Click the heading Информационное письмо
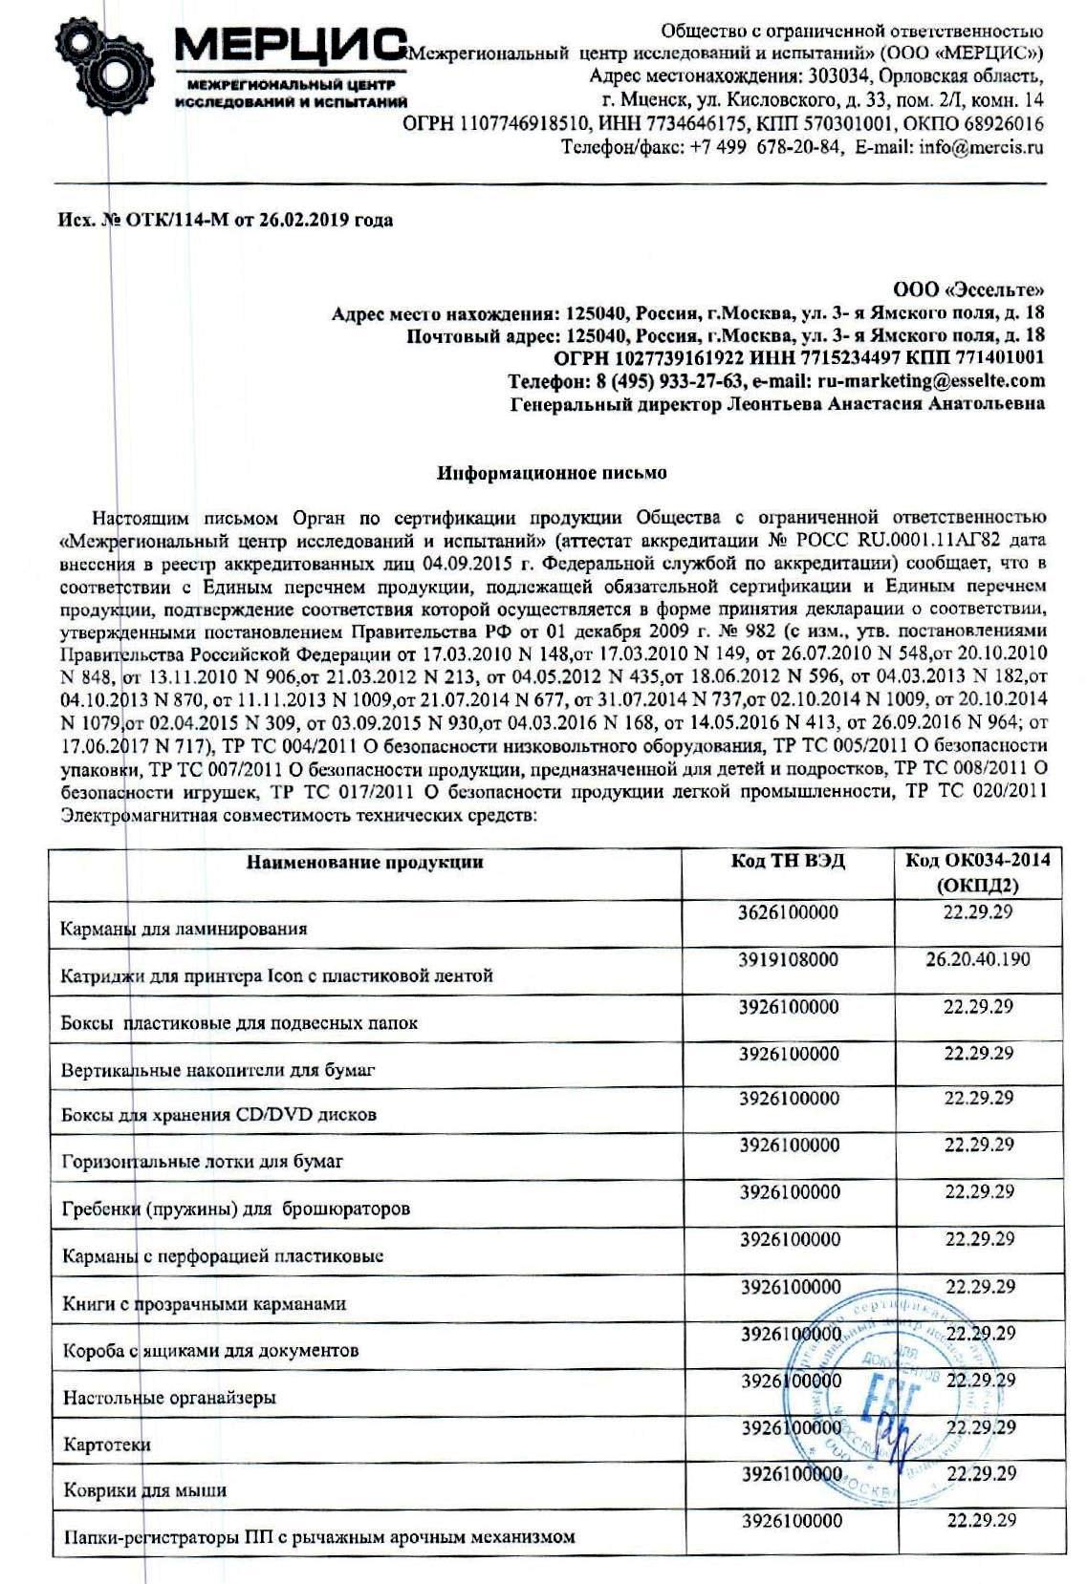(552, 473)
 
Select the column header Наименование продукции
(365, 863)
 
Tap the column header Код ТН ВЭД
(789, 861)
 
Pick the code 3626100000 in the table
(789, 912)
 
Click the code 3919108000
(789, 959)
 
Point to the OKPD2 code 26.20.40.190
(978, 959)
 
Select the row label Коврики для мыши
(144, 1490)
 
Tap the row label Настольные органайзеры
(169, 1397)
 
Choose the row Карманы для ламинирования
(184, 929)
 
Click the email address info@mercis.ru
(981, 148)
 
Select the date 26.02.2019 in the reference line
(305, 221)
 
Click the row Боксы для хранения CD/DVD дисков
(219, 1115)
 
